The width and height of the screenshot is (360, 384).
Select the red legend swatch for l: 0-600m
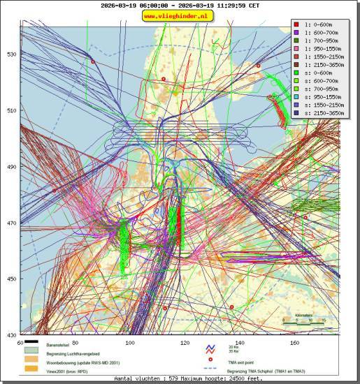[x=297, y=24]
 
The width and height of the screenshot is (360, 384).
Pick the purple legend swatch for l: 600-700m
[x=297, y=32]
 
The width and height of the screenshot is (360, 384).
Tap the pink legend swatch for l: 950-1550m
[x=297, y=49]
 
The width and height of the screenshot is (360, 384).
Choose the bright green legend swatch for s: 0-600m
[x=297, y=73]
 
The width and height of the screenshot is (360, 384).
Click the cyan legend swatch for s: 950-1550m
[x=297, y=98]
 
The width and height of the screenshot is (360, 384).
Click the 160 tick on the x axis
[x=294, y=342]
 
